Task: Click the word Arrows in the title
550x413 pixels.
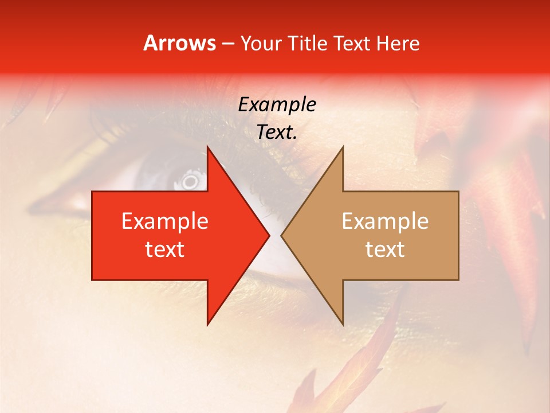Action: tap(180, 43)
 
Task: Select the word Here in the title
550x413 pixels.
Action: tap(398, 44)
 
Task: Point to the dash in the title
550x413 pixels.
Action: tap(227, 44)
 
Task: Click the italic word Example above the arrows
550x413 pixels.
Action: tap(277, 104)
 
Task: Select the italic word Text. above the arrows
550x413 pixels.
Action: tap(277, 133)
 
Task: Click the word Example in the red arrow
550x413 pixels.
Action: tap(164, 221)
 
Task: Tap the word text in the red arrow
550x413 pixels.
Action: tap(164, 250)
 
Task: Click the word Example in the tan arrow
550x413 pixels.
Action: tap(385, 221)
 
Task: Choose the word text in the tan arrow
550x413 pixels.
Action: tap(385, 250)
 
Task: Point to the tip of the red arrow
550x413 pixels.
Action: tap(269, 236)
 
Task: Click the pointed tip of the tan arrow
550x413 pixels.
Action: tap(281, 236)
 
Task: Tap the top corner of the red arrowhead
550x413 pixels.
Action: tap(207, 147)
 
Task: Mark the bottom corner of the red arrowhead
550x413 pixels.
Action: tap(207, 325)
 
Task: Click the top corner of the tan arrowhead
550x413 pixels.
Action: tap(343, 147)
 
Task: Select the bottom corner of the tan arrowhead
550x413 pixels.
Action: tap(343, 325)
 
